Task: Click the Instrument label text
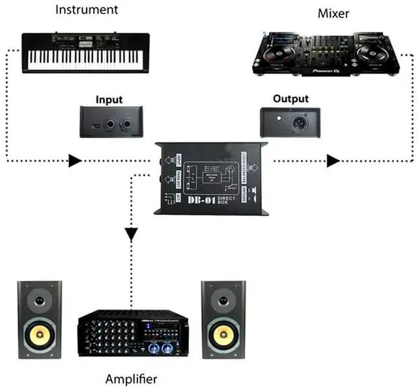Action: click(87, 10)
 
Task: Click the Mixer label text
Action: click(333, 13)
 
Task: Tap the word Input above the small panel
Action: click(109, 100)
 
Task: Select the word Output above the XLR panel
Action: click(291, 100)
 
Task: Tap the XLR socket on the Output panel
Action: click(291, 121)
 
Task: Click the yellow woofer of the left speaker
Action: click(40, 334)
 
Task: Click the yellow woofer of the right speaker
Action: click(223, 334)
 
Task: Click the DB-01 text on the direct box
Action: click(200, 202)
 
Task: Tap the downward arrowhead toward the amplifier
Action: click(132, 232)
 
